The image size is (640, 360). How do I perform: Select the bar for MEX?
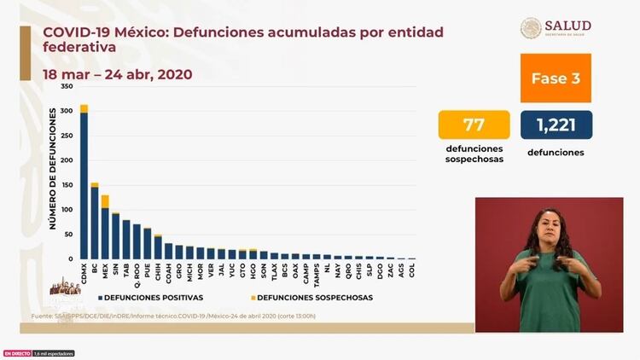pos(105,230)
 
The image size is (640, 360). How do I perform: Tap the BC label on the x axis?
pos(95,267)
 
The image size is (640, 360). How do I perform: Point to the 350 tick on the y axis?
pos(67,87)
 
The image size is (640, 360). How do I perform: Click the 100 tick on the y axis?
pos(67,209)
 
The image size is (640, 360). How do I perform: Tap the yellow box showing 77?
pos(474,125)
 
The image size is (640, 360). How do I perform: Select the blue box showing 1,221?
pos(556,125)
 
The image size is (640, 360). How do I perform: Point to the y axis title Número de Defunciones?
pos(52,168)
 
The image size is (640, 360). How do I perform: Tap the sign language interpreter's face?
pos(546,226)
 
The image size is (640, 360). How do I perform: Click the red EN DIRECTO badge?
pos(16,353)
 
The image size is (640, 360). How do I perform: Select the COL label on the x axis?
pos(413,269)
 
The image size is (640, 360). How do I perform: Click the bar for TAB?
pos(126,239)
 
